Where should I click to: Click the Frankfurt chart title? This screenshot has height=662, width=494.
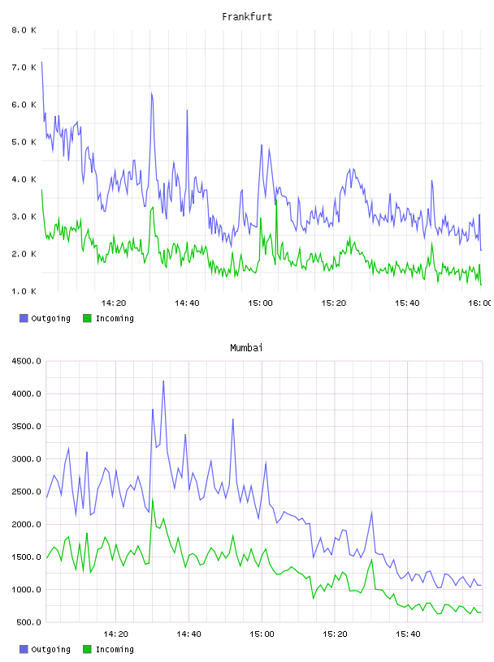click(247, 17)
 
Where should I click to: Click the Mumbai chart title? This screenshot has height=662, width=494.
click(246, 348)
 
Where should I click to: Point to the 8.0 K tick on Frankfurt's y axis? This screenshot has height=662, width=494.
click(24, 30)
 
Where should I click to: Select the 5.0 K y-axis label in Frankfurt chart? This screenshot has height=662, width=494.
click(24, 142)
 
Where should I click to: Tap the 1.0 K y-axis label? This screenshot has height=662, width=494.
click(24, 291)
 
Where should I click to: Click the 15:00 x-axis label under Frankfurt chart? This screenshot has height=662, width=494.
click(260, 303)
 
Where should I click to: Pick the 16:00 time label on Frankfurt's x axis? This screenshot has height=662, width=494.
click(480, 303)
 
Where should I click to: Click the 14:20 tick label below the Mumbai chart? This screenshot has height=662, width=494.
click(115, 634)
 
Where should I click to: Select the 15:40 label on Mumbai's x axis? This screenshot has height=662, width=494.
click(408, 634)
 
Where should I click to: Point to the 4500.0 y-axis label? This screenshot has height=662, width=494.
click(26, 361)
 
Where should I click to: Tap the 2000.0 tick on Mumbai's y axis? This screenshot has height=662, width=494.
click(26, 525)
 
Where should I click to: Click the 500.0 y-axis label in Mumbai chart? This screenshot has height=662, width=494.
click(28, 622)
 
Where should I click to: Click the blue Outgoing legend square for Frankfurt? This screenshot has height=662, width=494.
click(24, 318)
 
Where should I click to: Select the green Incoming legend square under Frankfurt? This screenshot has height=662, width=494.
click(87, 318)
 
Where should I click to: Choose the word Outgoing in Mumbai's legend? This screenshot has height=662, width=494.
click(50, 650)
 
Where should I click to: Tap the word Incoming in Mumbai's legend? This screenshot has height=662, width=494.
click(115, 650)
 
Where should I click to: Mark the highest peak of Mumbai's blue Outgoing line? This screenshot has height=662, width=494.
click(163, 380)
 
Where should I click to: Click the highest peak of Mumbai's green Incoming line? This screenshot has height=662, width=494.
click(153, 499)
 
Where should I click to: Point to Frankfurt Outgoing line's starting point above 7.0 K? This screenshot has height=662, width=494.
click(41, 62)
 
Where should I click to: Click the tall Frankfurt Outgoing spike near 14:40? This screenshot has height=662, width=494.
click(188, 110)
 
